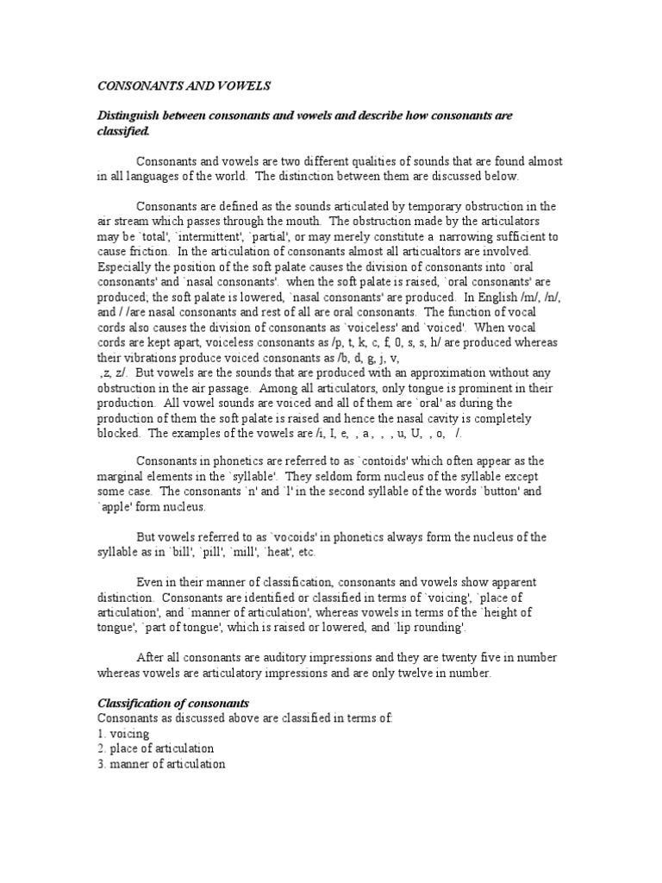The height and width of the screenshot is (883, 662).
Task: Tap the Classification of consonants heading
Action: [172, 704]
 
